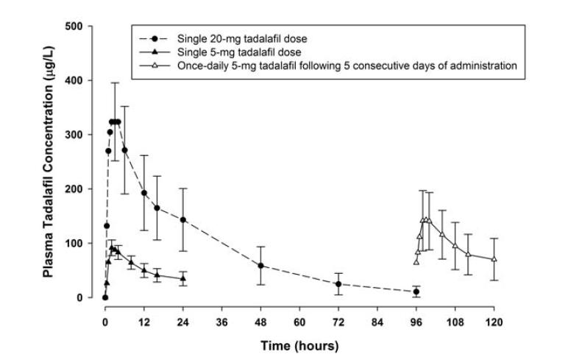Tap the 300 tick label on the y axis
tap(87, 135)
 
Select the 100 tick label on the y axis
tap(87, 243)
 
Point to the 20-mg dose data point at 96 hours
tap(416, 292)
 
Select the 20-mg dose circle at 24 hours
tap(183, 220)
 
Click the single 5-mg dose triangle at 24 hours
tap(183, 278)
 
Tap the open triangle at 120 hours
tap(494, 259)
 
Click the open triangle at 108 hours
tap(455, 246)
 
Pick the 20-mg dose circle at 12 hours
tap(144, 193)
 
